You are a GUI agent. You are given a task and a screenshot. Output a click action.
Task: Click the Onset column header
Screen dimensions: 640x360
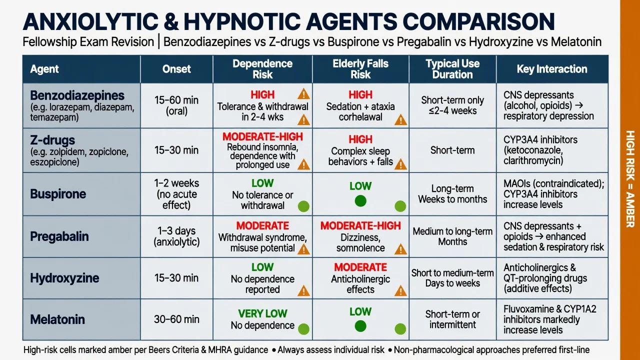[176, 69]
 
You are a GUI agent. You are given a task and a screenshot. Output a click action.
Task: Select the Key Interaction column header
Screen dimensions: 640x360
[551, 69]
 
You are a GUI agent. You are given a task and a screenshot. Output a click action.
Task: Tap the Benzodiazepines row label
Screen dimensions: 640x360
[77, 95]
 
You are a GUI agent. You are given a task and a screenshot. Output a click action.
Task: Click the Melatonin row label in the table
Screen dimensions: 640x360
[57, 319]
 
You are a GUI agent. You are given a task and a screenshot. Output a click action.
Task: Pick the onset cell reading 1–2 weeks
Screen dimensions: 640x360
[176, 194]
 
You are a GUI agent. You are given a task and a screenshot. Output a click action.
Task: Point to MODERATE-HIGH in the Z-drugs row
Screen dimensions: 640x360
[262, 136]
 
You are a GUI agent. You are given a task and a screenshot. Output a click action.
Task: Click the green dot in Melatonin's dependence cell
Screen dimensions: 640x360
[303, 329]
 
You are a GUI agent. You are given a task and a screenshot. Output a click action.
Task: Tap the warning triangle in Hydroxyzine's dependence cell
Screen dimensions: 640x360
[303, 291]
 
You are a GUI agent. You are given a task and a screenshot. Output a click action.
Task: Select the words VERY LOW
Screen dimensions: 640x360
[262, 313]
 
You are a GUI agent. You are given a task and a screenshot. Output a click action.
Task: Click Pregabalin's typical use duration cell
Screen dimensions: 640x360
[452, 236]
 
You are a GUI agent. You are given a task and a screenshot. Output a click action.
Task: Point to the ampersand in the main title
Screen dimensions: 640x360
[171, 21]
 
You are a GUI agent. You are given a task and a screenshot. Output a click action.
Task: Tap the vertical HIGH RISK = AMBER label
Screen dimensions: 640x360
[630, 179]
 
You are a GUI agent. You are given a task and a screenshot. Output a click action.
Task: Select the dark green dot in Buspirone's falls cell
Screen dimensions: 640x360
[360, 201]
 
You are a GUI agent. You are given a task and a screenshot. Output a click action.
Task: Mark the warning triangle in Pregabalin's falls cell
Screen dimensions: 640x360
[400, 249]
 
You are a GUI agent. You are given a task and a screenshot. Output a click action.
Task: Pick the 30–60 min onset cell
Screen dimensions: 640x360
[176, 319]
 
